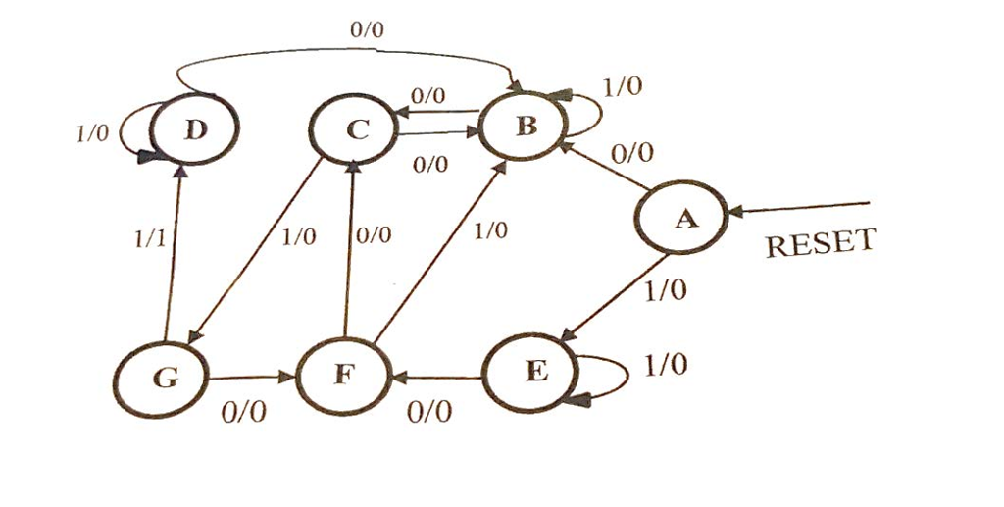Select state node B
click(x=525, y=125)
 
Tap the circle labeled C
click(x=353, y=129)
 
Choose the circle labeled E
click(x=530, y=373)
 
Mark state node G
click(x=162, y=379)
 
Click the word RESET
click(x=818, y=243)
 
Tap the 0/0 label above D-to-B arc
click(x=367, y=30)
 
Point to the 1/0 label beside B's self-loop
click(x=622, y=86)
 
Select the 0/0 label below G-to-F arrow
click(x=242, y=412)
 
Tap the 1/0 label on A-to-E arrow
click(x=666, y=291)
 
